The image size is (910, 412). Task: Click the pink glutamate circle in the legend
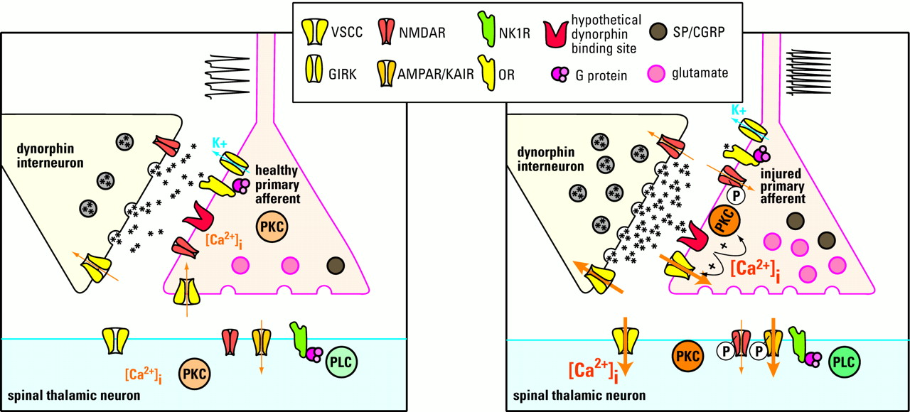tap(659, 72)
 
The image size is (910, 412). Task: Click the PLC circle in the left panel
tap(342, 364)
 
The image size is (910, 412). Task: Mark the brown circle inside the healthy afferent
tap(336, 265)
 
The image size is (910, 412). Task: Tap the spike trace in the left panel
tap(227, 77)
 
